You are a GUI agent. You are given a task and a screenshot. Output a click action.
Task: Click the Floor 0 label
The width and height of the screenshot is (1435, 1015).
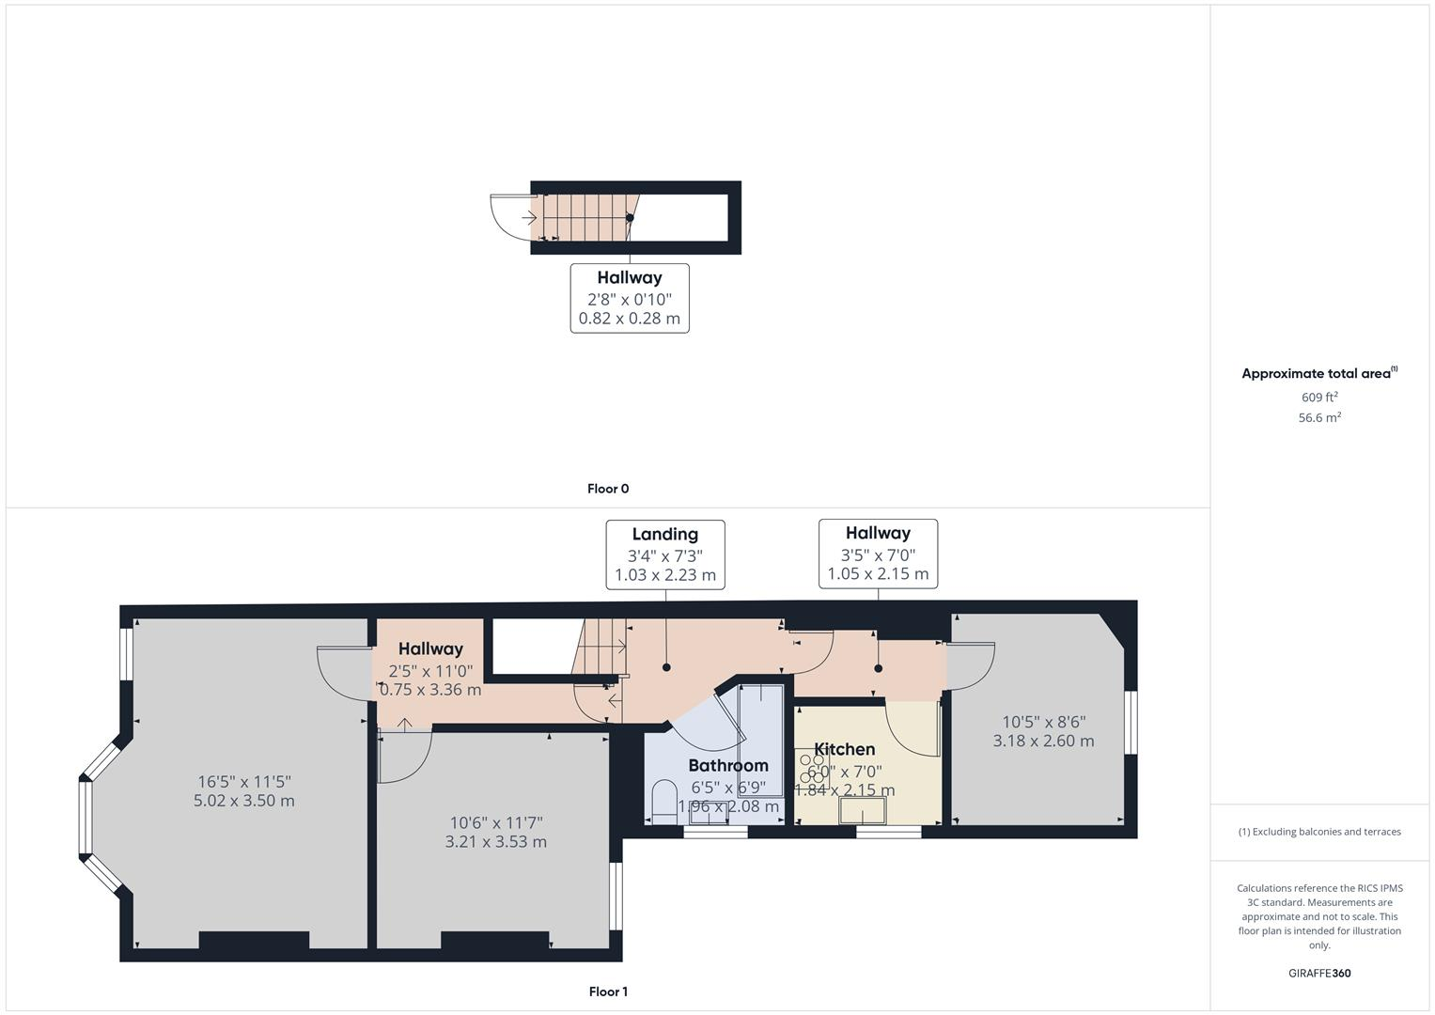(x=608, y=489)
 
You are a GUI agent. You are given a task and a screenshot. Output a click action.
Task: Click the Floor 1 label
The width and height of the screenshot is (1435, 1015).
(x=608, y=992)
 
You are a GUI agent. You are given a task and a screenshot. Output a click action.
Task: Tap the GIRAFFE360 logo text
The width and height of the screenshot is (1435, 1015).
(x=1318, y=973)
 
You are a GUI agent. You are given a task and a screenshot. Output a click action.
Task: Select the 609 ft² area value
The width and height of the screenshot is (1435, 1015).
(x=1318, y=398)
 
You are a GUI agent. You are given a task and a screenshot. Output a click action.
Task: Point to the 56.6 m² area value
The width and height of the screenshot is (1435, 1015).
(x=1318, y=418)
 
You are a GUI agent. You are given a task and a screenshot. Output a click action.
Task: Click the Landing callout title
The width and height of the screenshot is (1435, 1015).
(x=664, y=534)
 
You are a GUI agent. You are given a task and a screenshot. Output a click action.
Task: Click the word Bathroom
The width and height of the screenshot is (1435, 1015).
(x=728, y=765)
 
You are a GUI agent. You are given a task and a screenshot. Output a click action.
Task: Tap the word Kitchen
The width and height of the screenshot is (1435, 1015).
(x=844, y=749)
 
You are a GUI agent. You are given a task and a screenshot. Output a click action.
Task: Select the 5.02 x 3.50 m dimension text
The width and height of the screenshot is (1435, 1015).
(x=243, y=801)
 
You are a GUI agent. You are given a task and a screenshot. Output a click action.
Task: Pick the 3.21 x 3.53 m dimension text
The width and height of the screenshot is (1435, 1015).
(x=495, y=842)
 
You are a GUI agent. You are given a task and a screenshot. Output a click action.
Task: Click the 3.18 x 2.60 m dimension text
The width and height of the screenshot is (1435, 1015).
(x=1043, y=741)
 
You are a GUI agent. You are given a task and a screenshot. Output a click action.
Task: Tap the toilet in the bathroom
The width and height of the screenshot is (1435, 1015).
(x=663, y=799)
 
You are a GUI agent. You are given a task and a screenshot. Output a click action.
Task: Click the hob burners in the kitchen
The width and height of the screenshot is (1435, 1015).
(x=811, y=768)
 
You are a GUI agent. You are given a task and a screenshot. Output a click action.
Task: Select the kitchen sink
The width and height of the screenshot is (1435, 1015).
(x=863, y=811)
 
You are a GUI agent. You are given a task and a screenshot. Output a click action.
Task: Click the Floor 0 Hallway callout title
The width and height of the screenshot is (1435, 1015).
(x=630, y=277)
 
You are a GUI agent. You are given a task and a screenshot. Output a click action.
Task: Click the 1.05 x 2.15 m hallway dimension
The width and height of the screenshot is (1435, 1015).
(x=878, y=574)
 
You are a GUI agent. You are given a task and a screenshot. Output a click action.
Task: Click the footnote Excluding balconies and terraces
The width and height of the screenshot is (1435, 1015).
(x=1318, y=832)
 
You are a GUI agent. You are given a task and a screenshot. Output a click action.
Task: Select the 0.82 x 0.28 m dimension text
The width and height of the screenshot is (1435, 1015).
(x=630, y=319)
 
